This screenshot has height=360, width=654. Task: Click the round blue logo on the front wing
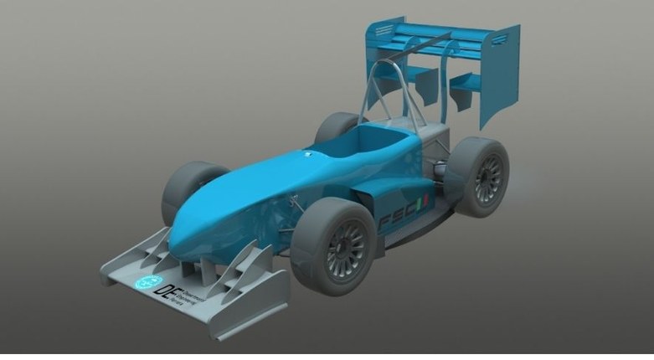[x=148, y=280]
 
